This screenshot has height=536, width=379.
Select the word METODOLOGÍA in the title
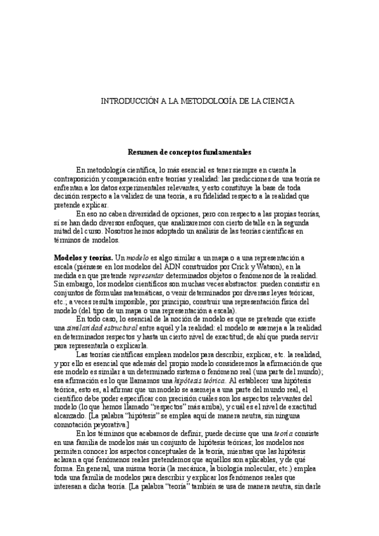point(202,100)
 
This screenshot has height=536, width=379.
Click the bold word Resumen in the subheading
point(143,152)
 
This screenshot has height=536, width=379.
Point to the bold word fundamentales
point(227,152)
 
